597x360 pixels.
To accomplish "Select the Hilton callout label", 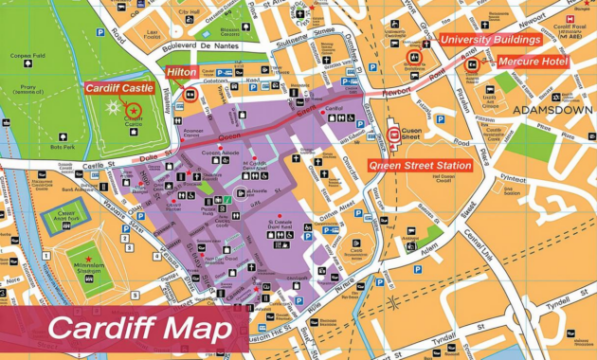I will pyautogui.click(x=182, y=72).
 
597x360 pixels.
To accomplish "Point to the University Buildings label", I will pyautogui.click(x=490, y=40).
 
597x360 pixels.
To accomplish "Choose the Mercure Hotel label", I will pyautogui.click(x=533, y=63).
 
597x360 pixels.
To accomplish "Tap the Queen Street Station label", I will pyautogui.click(x=420, y=166).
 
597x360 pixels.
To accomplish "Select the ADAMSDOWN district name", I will pyautogui.click(x=552, y=110).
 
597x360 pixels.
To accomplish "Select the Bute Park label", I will pyautogui.click(x=63, y=147).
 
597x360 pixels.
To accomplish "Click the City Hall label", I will pyautogui.click(x=189, y=12).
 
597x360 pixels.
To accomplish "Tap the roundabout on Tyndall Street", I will pyautogui.click(x=392, y=303).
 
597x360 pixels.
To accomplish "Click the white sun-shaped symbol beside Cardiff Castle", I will pyautogui.click(x=113, y=107).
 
